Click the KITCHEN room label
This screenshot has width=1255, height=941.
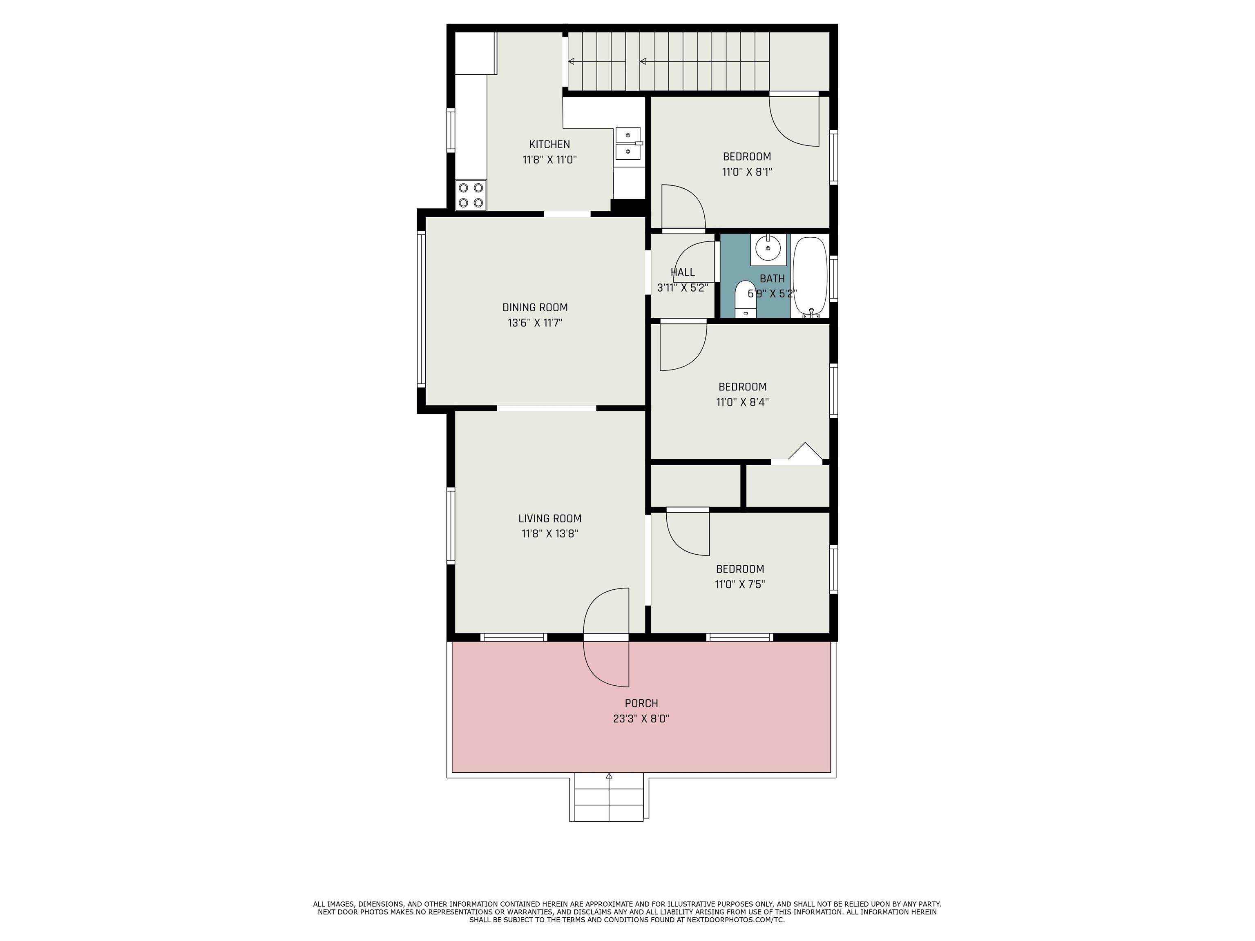pos(549,145)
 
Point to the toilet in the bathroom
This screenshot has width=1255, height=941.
pos(746,299)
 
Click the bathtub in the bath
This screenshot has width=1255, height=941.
pos(810,277)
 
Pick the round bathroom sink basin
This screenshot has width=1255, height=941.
pos(768,248)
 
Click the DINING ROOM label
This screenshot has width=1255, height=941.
pos(535,308)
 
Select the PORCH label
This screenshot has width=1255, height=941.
pos(642,703)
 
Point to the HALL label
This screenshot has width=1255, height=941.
pos(683,273)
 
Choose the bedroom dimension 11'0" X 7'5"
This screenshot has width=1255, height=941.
pos(740,584)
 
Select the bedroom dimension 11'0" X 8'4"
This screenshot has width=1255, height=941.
pos(742,402)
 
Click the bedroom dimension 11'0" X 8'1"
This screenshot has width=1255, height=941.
pos(747,172)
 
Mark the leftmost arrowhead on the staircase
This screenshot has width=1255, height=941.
pos(572,61)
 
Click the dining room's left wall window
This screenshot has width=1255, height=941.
pos(421,309)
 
